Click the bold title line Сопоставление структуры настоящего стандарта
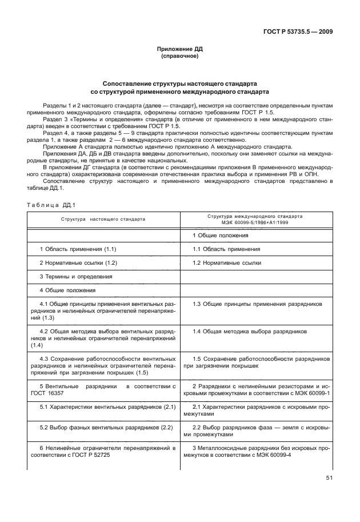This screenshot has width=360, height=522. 180,83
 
